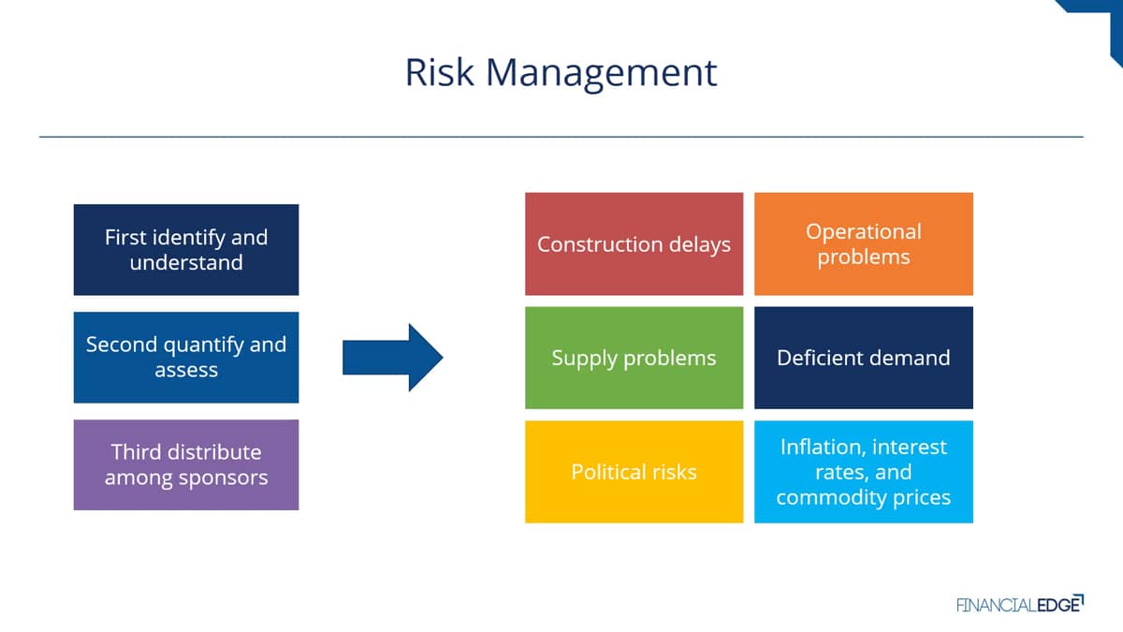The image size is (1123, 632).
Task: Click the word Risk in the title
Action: (439, 72)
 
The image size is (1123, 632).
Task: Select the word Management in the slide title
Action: (602, 74)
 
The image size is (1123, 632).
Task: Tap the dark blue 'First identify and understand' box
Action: (186, 250)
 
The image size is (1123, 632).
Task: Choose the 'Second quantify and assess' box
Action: (186, 357)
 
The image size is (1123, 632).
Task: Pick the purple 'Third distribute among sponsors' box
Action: (186, 465)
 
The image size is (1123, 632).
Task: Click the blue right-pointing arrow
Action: (392, 357)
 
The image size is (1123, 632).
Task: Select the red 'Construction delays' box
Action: (634, 243)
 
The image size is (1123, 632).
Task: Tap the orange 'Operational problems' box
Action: (864, 243)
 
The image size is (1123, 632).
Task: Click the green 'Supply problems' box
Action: (634, 358)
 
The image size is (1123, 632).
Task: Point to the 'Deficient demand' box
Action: (864, 358)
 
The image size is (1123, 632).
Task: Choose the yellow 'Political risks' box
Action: (634, 472)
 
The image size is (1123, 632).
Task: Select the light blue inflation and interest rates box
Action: (864, 472)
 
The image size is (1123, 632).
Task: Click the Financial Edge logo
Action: (1020, 604)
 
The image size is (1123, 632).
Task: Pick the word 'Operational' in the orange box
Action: (864, 232)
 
